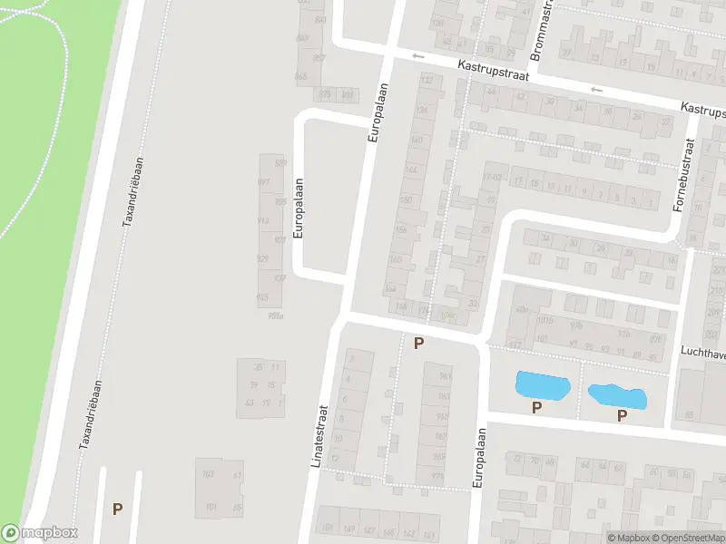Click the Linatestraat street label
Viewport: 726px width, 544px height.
click(x=319, y=436)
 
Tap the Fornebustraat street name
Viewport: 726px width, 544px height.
click(x=682, y=175)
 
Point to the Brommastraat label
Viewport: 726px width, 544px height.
click(x=536, y=31)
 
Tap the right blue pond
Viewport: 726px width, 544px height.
click(x=617, y=396)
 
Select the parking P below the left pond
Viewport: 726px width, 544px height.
click(x=536, y=408)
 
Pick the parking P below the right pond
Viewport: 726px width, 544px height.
click(x=622, y=416)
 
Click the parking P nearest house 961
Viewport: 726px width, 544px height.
click(x=418, y=343)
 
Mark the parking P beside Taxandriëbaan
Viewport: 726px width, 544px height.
click(x=117, y=509)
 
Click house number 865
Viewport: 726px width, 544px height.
click(x=301, y=76)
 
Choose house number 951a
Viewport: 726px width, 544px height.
click(x=275, y=315)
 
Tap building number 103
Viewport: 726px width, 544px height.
click(x=208, y=474)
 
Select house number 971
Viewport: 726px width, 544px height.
click(x=438, y=475)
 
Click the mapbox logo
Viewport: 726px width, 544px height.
click(x=40, y=533)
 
